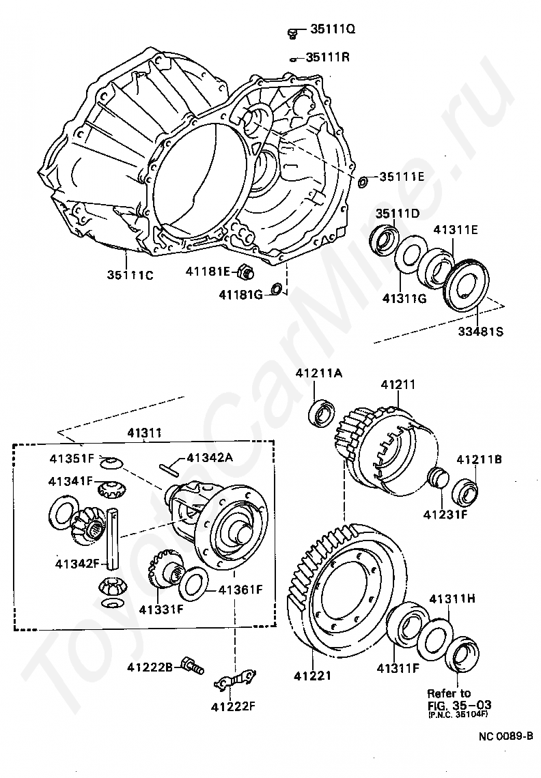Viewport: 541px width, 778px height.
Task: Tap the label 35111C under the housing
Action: click(x=130, y=275)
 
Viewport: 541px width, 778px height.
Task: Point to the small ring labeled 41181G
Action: click(x=277, y=289)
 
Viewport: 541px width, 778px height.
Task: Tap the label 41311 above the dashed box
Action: click(x=144, y=433)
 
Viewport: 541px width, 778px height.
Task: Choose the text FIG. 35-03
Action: click(x=459, y=705)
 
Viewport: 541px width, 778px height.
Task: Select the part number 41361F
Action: click(x=240, y=590)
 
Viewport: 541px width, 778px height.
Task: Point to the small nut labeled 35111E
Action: click(x=363, y=181)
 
